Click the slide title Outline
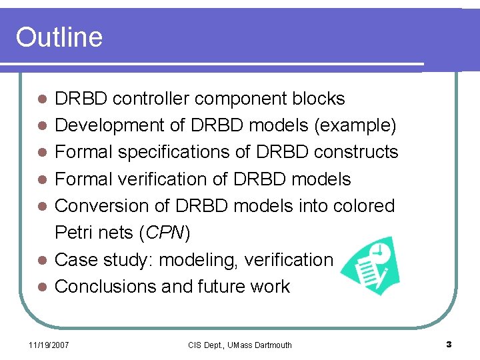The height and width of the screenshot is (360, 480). [59, 37]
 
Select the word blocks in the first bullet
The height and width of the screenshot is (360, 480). [318, 99]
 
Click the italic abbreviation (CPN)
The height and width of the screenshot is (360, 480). [166, 233]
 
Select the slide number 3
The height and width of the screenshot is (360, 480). [449, 345]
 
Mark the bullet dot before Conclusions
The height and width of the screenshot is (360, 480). [41, 287]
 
